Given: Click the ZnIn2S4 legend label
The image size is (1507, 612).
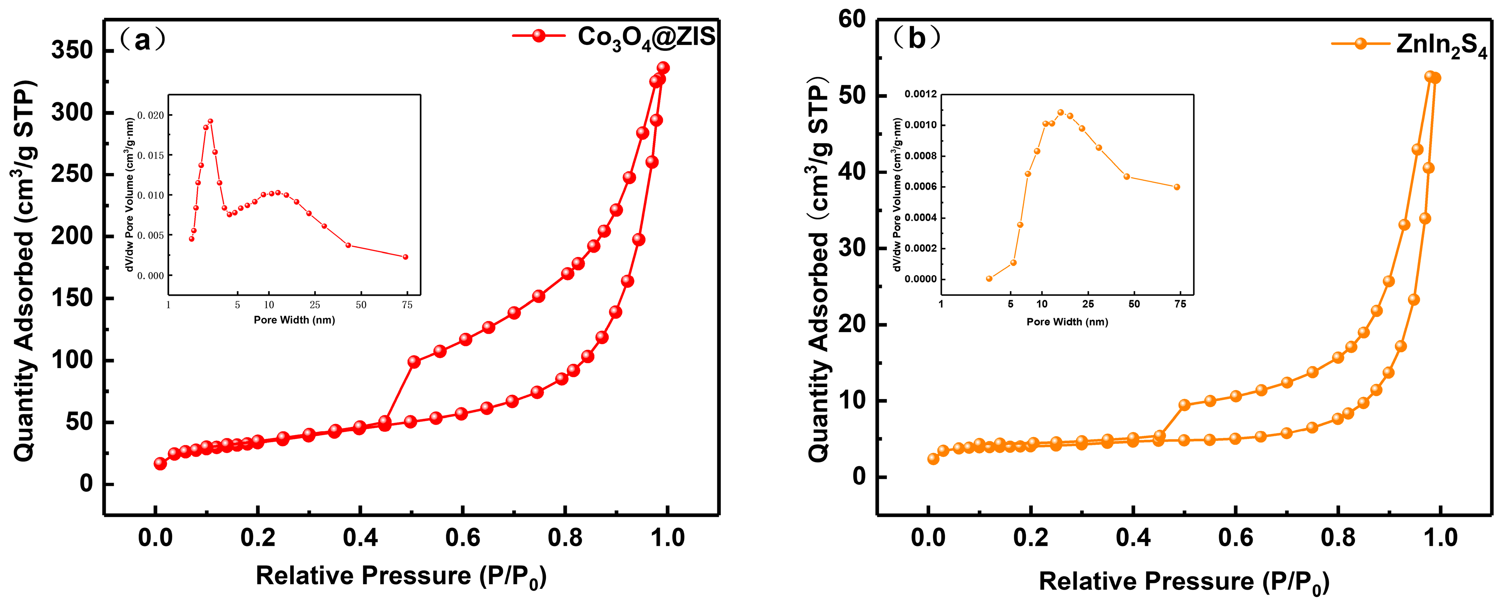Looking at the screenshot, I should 1441,45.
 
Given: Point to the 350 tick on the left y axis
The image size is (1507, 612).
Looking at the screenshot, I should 72,50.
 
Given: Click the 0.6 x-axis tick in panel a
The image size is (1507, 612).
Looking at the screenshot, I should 462,537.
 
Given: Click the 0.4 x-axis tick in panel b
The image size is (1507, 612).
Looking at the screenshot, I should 1133,537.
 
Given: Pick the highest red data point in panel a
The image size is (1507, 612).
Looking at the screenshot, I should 663,68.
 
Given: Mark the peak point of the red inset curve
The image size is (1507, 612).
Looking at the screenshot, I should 210,121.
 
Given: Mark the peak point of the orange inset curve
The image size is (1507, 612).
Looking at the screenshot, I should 1061,112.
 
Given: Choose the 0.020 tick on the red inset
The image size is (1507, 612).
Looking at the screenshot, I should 151,115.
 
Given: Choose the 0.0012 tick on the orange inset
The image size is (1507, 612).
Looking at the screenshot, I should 920,94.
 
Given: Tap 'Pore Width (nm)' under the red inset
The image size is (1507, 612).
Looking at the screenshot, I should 294,320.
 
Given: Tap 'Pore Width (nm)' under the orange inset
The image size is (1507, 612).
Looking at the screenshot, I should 1067,322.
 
